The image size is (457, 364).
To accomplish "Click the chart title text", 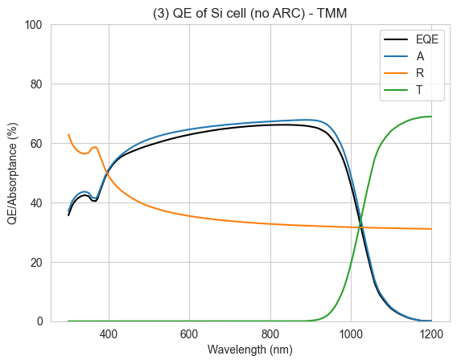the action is pyautogui.click(x=249, y=14).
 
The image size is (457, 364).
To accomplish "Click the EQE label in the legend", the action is pyautogui.click(x=427, y=39).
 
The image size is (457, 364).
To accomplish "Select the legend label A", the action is pyautogui.click(x=420, y=56).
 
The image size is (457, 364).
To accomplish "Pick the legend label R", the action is pyautogui.click(x=420, y=73).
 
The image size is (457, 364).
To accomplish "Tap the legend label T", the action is pyautogui.click(x=419, y=90).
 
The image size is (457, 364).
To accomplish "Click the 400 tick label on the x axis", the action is pyautogui.click(x=109, y=334).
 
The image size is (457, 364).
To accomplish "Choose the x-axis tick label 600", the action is pyautogui.click(x=189, y=334).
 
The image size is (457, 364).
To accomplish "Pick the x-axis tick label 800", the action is pyautogui.click(x=270, y=334).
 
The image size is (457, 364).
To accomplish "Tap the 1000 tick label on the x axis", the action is pyautogui.click(x=351, y=334).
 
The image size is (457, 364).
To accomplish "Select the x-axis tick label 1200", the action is pyautogui.click(x=431, y=334).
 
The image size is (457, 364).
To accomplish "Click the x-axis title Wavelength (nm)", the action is pyautogui.click(x=249, y=350).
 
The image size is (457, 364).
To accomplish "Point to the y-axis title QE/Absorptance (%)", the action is pyautogui.click(x=13, y=174).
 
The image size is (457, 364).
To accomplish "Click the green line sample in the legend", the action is pyautogui.click(x=396, y=90).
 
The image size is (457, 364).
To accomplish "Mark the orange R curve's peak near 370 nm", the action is pyautogui.click(x=95, y=147).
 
